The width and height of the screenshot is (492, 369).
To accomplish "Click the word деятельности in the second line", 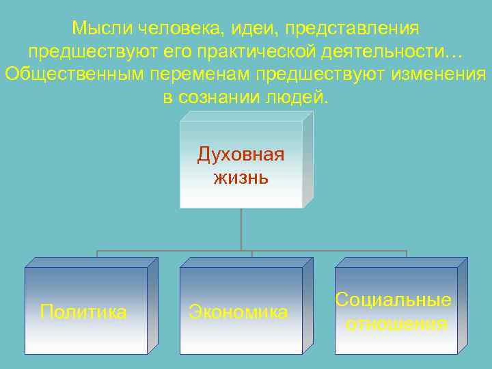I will [x=387, y=51].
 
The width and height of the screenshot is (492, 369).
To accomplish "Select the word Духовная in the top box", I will [x=241, y=155].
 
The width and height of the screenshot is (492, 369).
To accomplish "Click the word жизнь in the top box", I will [x=241, y=178].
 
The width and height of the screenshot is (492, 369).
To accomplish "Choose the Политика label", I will [x=83, y=312].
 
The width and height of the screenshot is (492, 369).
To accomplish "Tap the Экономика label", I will [x=238, y=312].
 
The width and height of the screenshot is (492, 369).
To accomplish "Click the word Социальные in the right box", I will [x=394, y=300].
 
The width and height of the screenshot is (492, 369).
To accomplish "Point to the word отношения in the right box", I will [x=396, y=323].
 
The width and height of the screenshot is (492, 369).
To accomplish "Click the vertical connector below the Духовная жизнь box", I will [x=241, y=229].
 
